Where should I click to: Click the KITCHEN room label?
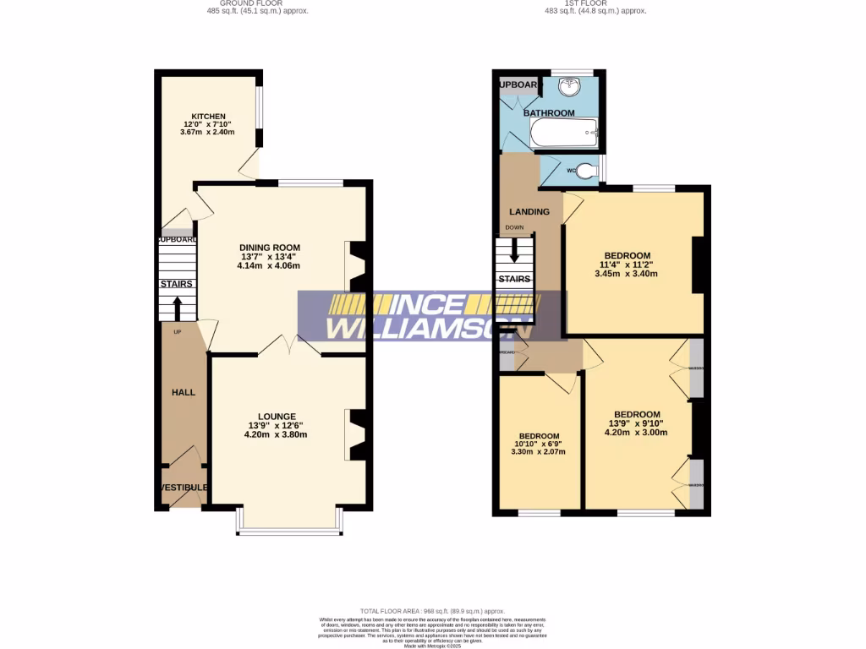click(x=207, y=116)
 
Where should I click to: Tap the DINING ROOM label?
click(x=269, y=248)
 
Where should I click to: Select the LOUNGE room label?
click(x=277, y=416)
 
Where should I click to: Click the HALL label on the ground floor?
click(x=184, y=393)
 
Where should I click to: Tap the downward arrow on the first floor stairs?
click(x=514, y=251)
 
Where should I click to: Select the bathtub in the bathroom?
click(x=564, y=132)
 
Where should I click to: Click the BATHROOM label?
click(x=548, y=112)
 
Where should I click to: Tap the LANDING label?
click(x=529, y=211)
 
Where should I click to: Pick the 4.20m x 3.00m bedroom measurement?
click(x=636, y=432)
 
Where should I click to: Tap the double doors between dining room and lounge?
click(x=289, y=344)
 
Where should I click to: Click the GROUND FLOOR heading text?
click(x=258, y=3)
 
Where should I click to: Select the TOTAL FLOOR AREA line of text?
click(x=432, y=611)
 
